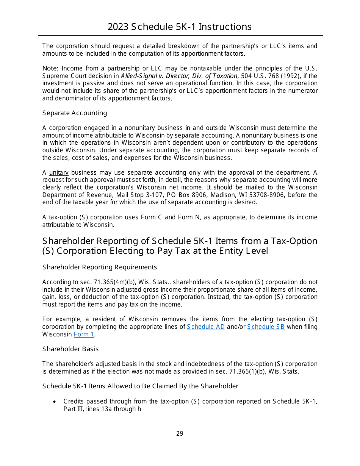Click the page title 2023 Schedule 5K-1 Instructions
(180, 27)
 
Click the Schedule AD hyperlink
(206, 327)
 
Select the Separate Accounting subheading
(75, 113)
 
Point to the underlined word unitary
(59, 173)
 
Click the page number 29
(180, 433)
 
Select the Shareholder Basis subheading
(70, 349)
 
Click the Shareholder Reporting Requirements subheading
(99, 267)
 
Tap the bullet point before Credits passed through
(55, 402)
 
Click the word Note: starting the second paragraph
(50, 69)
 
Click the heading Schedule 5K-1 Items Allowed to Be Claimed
(140, 386)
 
